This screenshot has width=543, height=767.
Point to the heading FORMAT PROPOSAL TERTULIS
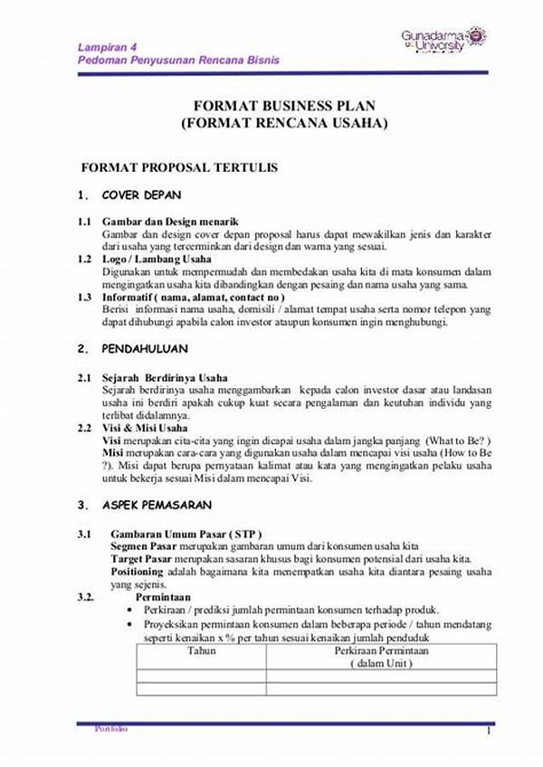(179, 167)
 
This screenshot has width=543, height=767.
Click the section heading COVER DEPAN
(141, 194)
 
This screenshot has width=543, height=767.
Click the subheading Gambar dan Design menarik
(170, 222)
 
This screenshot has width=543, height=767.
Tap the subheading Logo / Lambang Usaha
(157, 260)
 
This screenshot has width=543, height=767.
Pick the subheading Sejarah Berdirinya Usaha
(165, 376)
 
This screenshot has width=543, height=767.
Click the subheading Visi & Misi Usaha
(145, 427)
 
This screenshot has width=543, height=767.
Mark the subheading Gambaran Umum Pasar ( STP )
(186, 535)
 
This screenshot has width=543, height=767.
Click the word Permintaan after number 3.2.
(163, 598)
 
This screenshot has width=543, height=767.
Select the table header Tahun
(201, 650)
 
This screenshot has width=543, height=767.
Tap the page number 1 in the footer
(488, 731)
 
